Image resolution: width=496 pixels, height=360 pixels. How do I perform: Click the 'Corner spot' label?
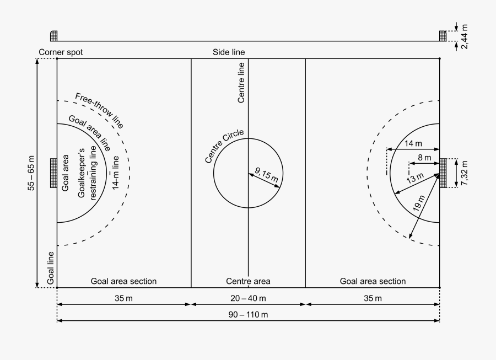coord(61,52)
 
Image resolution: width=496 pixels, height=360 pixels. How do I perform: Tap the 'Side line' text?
coord(229,52)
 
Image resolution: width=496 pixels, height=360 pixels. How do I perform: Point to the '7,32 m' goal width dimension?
coord(465,173)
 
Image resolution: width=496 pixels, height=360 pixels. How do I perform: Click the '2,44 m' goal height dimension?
coord(465,36)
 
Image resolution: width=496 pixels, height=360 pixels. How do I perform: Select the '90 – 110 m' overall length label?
coord(249,315)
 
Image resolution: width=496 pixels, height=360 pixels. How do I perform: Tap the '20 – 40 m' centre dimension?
coord(249,298)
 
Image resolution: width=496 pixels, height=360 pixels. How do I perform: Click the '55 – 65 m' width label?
coord(31,173)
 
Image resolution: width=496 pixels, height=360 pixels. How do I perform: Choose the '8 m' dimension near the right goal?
coord(424,158)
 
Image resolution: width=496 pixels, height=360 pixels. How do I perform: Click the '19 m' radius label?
coord(418,204)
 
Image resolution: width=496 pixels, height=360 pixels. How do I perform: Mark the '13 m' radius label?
coord(415,179)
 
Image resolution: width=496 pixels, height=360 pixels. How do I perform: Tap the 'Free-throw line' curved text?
coord(100,111)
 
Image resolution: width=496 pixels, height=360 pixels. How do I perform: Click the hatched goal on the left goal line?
coord(53,173)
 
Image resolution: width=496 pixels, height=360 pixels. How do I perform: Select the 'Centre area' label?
coord(248,281)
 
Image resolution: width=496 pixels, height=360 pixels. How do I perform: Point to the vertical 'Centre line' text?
coord(241,83)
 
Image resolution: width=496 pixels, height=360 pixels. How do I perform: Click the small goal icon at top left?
coord(53,36)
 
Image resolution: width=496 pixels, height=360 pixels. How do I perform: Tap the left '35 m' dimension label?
coord(123,298)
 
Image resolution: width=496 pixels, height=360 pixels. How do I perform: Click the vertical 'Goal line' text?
coord(51,268)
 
